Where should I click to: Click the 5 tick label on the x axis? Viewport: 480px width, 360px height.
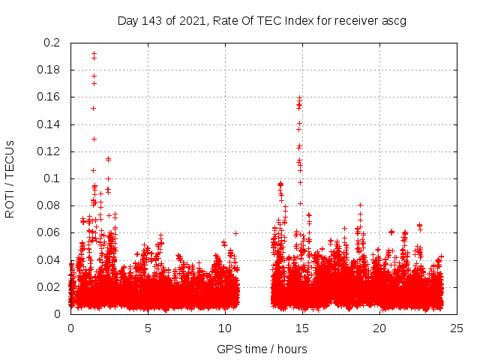[x=148, y=328]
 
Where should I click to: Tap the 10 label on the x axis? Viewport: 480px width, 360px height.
[x=225, y=328]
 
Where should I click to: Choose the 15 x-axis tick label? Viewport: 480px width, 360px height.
[x=302, y=328]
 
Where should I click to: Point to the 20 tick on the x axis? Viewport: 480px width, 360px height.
[x=379, y=328]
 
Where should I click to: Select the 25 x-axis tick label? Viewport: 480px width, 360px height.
[x=457, y=328]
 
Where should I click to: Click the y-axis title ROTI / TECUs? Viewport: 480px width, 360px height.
[x=10, y=178]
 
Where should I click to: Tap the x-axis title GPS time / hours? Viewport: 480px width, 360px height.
[x=262, y=349]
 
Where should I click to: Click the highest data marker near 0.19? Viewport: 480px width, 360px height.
[x=94, y=53]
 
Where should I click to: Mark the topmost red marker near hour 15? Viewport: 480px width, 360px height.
[x=299, y=98]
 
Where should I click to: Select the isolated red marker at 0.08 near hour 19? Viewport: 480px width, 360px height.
[x=360, y=205]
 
